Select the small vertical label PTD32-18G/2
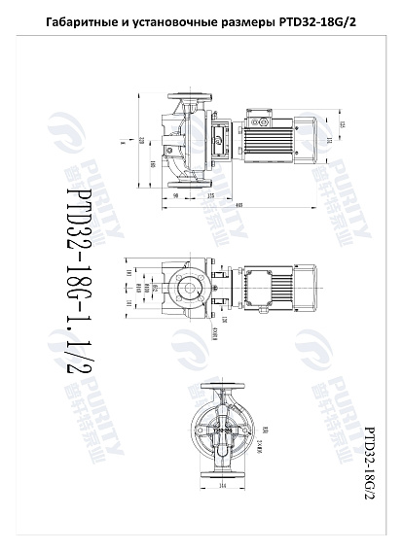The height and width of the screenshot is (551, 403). coord(369,461)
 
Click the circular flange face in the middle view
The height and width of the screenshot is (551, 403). coord(185,289)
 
